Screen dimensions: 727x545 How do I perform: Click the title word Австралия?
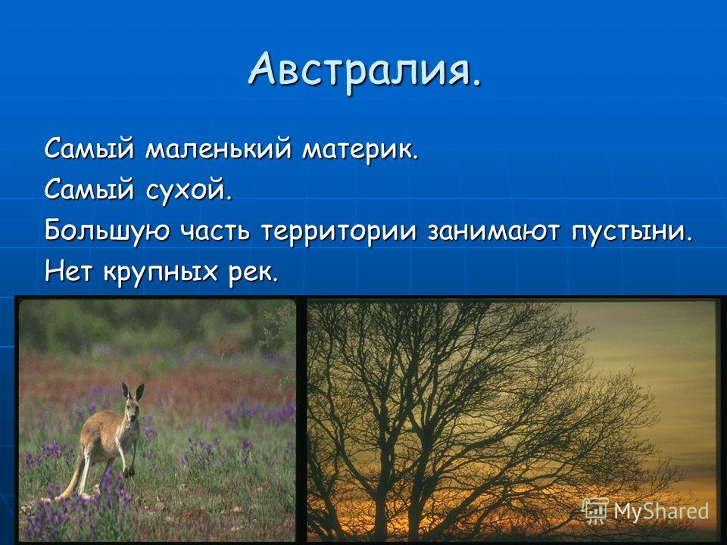pos(365,70)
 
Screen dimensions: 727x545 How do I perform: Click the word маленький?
pos(218,149)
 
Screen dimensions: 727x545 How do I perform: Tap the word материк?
pos(360,151)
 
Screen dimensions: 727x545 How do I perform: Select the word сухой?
pos(189,189)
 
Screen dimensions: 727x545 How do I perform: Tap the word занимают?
pos(493,232)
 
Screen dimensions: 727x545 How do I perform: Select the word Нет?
pos(68,271)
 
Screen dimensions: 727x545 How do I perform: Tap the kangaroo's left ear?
pos(125,391)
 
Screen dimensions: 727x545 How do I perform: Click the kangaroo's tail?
pos(73,480)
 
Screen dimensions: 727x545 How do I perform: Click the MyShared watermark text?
pos(661,511)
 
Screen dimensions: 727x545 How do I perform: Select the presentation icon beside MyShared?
pos(595,511)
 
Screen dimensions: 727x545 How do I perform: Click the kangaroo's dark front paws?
pos(129,472)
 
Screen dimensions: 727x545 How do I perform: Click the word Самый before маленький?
pos(89,149)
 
